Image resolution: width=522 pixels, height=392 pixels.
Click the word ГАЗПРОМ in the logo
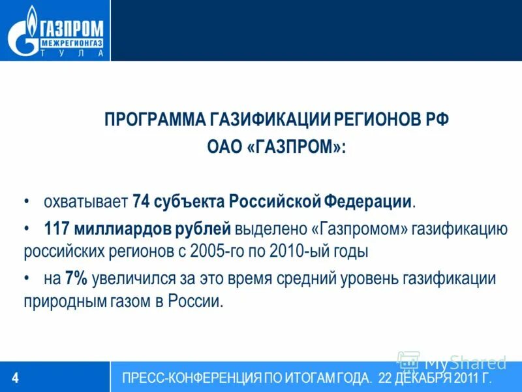(70, 28)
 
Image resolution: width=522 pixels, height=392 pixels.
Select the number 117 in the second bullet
(57, 229)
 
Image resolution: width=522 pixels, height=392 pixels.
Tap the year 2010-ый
(296, 251)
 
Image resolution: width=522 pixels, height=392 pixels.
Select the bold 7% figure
(76, 279)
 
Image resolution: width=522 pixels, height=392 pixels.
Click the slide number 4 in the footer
(16, 378)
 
